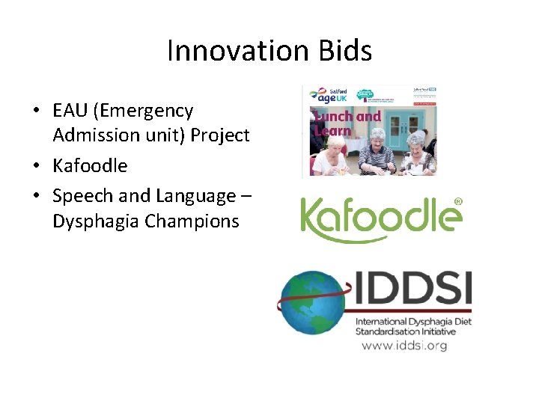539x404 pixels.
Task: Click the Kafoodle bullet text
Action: pos(90,165)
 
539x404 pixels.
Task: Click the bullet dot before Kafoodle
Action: pos(36,166)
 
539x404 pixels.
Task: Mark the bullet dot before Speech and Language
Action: pos(36,197)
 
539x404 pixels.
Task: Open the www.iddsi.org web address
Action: pos(404,346)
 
